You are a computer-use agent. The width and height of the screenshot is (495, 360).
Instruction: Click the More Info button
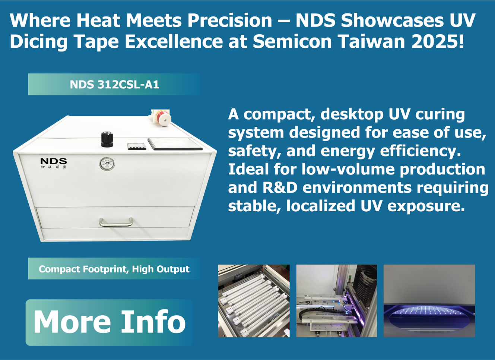[x=109, y=322]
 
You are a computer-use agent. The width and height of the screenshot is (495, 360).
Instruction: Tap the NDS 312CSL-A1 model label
[x=114, y=85]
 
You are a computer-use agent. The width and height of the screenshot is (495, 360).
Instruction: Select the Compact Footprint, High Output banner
[x=114, y=269]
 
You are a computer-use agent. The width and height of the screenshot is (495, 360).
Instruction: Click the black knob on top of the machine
[x=107, y=139]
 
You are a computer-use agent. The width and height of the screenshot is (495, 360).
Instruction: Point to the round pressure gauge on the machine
[x=107, y=164]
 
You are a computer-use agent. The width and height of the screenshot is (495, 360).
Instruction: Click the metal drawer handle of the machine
[x=116, y=222]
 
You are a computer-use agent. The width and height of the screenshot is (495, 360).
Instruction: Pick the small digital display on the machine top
[x=136, y=146]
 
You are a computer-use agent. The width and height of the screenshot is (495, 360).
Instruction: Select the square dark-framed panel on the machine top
[x=175, y=144]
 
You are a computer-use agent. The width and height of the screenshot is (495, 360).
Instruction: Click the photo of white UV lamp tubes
[x=254, y=301]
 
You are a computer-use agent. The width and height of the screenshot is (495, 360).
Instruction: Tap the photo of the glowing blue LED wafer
[x=429, y=301]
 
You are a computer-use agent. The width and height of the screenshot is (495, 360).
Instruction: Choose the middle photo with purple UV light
[x=336, y=301]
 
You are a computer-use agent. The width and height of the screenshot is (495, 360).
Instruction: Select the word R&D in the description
[x=280, y=187]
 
